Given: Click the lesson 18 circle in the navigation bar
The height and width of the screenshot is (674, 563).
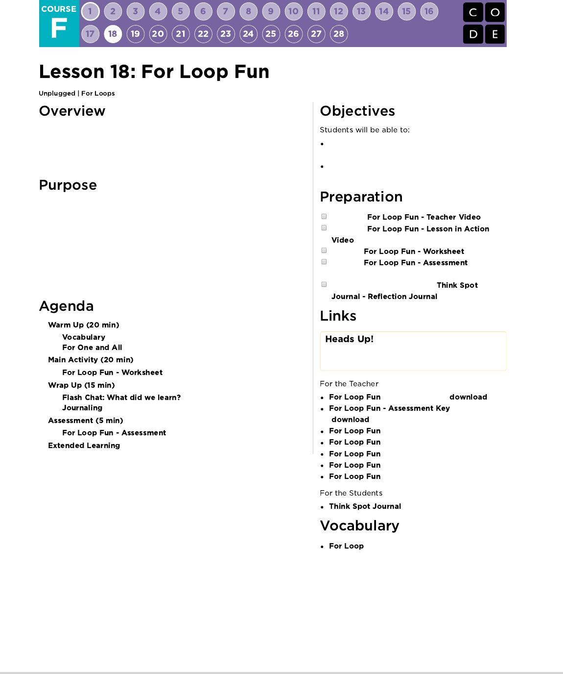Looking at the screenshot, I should click(x=113, y=34).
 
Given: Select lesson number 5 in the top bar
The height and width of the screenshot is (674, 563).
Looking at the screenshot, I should click(x=181, y=11).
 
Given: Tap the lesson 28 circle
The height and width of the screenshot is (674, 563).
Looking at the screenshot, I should click(x=339, y=34).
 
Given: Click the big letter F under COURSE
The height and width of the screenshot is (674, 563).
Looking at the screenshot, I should click(x=59, y=28).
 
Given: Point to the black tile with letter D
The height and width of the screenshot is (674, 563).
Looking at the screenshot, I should click(x=473, y=34).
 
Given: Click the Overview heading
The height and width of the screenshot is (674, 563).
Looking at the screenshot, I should click(x=72, y=111).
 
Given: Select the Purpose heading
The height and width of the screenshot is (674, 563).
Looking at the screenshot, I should click(x=68, y=185).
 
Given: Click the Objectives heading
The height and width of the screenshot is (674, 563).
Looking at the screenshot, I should click(x=357, y=111).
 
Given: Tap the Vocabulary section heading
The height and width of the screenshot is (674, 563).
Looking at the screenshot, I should click(x=359, y=526).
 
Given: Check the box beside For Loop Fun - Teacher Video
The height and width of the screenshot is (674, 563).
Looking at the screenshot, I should click(x=324, y=217).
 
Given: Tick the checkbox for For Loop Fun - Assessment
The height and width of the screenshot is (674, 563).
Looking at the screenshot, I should click(x=324, y=262).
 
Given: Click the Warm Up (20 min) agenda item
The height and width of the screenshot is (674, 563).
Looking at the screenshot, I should click(x=84, y=325).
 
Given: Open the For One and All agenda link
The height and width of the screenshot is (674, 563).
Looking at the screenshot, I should click(x=92, y=348).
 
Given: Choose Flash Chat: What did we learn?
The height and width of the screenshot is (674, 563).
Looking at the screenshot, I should click(x=121, y=398).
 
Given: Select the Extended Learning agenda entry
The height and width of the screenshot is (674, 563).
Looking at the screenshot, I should click(x=84, y=446).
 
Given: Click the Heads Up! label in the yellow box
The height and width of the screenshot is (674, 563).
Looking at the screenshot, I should click(x=349, y=339).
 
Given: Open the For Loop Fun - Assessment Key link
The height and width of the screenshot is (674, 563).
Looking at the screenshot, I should click(x=389, y=408).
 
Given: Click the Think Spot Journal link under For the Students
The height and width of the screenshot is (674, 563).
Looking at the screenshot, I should click(x=365, y=506).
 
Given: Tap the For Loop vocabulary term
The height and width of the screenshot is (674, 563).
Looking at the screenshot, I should click(x=346, y=546).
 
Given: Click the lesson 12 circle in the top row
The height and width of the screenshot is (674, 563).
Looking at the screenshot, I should click(x=339, y=11).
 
